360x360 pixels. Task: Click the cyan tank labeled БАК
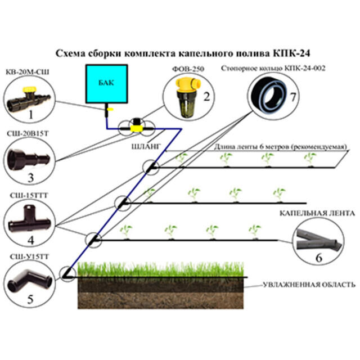(102, 84)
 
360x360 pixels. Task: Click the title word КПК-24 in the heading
(285, 53)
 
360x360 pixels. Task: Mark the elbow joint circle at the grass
(70, 273)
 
